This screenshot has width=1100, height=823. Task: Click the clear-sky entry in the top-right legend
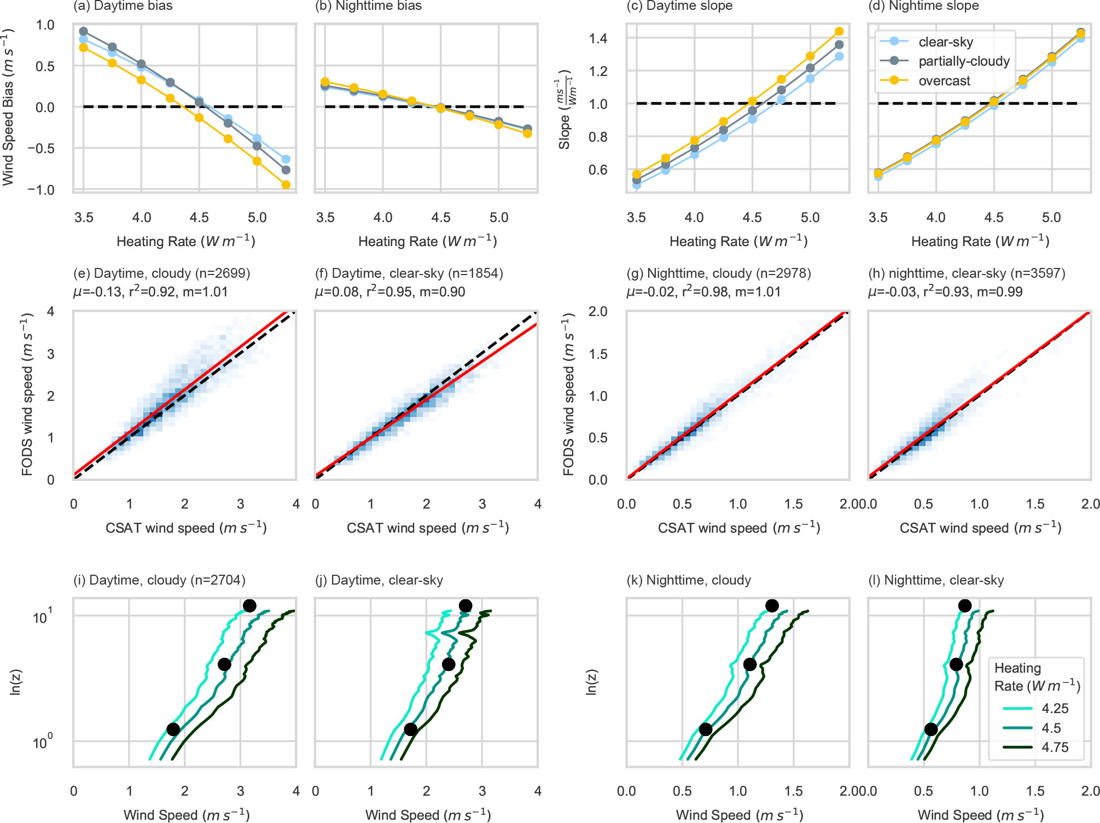click(945, 42)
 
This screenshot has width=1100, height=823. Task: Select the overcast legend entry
click(944, 81)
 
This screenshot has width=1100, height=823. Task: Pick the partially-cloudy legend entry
click(964, 61)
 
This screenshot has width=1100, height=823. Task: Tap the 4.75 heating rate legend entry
click(1055, 748)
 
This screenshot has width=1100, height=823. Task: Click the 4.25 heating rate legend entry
click(1055, 709)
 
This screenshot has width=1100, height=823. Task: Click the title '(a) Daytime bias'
click(123, 6)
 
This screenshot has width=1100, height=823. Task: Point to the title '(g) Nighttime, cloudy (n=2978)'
click(718, 273)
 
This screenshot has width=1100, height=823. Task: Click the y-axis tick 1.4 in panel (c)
click(598, 38)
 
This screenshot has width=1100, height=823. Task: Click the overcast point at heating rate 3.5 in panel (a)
click(84, 48)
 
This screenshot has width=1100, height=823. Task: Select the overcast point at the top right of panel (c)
click(839, 32)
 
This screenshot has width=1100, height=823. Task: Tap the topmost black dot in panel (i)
click(249, 606)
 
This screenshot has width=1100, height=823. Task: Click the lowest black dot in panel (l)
click(931, 729)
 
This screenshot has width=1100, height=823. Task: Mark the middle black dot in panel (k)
click(750, 664)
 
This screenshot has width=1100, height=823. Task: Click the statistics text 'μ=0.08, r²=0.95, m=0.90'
click(390, 292)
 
